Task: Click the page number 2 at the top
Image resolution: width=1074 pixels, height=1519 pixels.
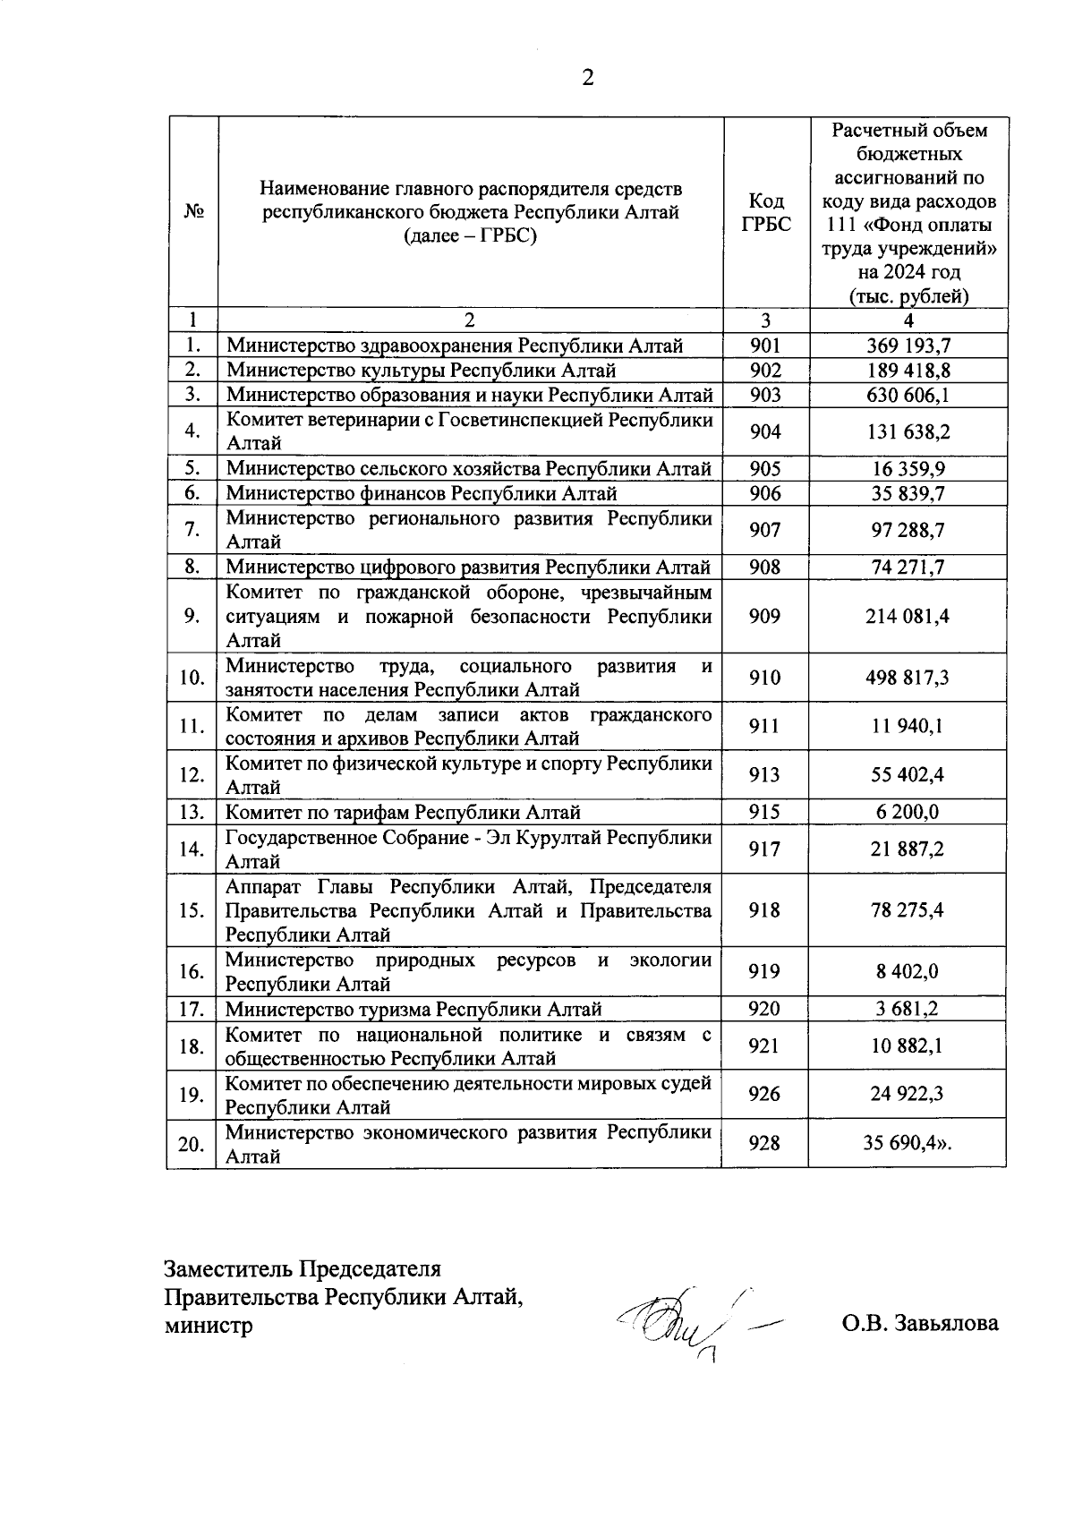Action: [588, 78]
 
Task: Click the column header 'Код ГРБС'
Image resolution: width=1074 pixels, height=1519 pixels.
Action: [766, 213]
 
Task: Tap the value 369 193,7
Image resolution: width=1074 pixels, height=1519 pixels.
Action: [908, 346]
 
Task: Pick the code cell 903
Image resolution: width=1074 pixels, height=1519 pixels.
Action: [765, 395]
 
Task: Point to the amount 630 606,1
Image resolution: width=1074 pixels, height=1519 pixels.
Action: [908, 395]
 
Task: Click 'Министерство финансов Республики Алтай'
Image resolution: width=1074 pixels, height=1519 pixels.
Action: [422, 493]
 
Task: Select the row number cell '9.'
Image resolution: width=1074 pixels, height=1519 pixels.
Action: [192, 616]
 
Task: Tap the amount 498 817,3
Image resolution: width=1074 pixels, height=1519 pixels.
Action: [908, 678]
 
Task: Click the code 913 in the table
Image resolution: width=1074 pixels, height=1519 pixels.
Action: [765, 775]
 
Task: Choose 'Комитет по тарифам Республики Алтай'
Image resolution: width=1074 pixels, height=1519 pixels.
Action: [403, 812]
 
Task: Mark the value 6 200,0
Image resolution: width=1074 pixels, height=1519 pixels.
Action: [908, 812]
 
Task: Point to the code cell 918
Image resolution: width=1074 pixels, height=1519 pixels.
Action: [765, 910]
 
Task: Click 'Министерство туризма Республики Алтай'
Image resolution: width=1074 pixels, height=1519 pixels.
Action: [413, 1009]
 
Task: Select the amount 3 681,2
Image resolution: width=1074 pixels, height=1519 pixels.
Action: [908, 1009]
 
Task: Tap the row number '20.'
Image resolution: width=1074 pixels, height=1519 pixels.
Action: [192, 1144]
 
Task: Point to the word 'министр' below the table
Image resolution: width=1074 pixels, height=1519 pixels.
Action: [209, 1325]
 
